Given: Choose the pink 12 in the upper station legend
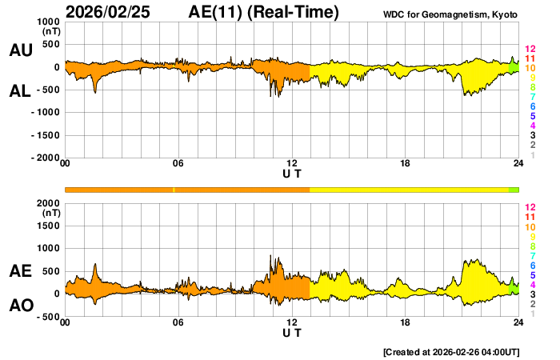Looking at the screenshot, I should tap(530, 49).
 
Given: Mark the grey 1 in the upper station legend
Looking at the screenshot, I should tap(532, 155).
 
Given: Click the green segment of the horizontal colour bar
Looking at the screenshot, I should tap(514, 190).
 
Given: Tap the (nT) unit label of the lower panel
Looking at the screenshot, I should tap(50, 214).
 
